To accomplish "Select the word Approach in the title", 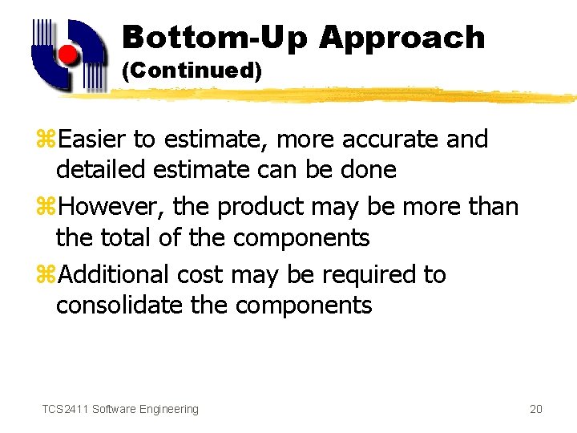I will pos(401,38).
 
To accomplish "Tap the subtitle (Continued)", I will pos(192,71).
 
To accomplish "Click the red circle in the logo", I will pos(69,55).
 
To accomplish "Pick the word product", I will pos(261,207).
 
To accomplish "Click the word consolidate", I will pos(119,305).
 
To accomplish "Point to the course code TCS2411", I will pos(65,409).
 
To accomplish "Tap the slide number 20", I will pos(536,409).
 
